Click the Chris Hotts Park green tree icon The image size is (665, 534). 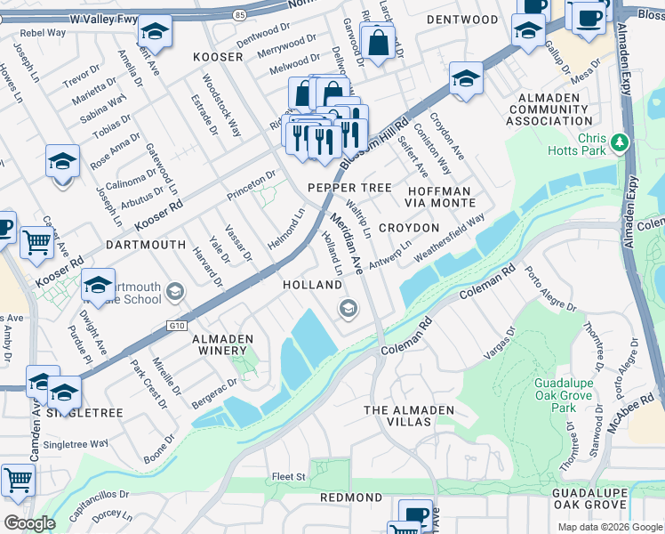pyautogui.click(x=621, y=142)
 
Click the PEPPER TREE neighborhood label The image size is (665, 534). pyautogui.click(x=349, y=188)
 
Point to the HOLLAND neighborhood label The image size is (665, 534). pyautogui.click(x=312, y=285)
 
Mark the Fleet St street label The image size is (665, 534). pyautogui.click(x=288, y=477)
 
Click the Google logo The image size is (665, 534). pyautogui.click(x=29, y=523)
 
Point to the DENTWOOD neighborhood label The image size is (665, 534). pyautogui.click(x=461, y=20)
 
